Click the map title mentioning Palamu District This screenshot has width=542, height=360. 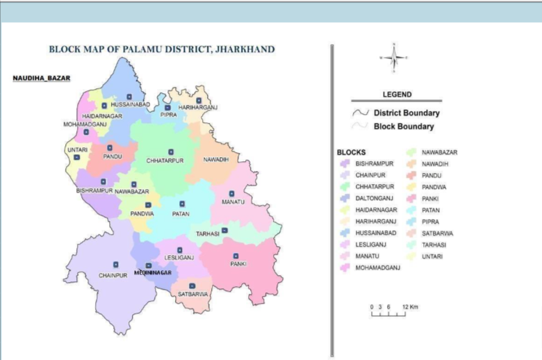point(161,50)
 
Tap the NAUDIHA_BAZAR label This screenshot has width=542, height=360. point(42,78)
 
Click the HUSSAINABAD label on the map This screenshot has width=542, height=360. point(131,104)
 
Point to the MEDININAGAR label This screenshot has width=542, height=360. point(153,272)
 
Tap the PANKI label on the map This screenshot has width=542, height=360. point(239,264)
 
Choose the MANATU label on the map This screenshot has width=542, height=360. point(233,201)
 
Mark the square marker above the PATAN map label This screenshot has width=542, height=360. point(182,204)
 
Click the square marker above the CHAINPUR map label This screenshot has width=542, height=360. point(116,264)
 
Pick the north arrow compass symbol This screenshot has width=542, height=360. point(394,58)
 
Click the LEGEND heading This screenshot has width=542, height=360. point(397,95)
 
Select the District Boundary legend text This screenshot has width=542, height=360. point(406,113)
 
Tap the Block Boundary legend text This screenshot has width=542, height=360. point(404,126)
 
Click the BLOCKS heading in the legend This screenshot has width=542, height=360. point(352,152)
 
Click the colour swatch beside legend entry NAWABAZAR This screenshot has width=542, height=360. point(411,152)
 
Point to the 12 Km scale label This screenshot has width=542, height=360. point(410,306)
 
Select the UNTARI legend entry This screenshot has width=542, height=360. point(432,256)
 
